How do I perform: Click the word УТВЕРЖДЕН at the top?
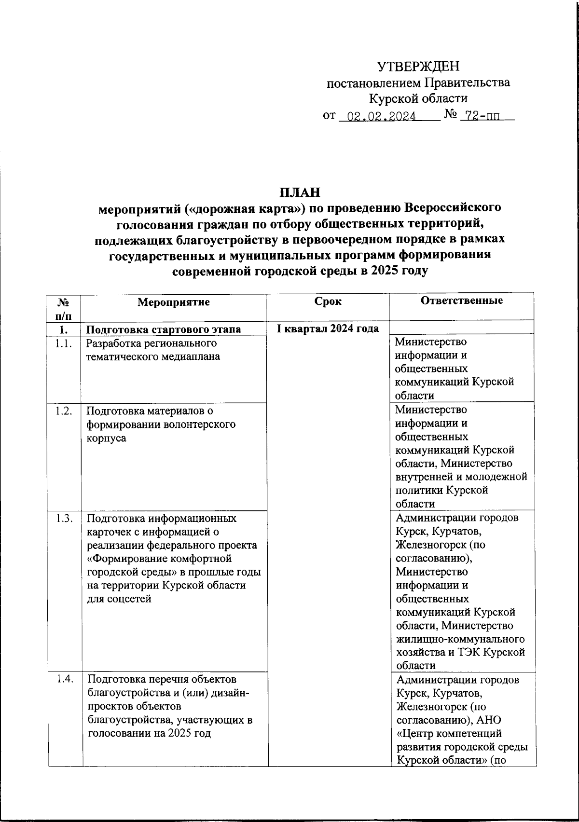click(418, 66)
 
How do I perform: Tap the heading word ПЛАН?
click(300, 192)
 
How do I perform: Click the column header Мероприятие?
click(174, 302)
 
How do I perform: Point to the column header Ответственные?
click(462, 301)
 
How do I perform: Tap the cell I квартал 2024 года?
click(328, 329)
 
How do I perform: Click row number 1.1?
click(64, 344)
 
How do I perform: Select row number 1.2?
click(64, 411)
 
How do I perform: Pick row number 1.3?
click(64, 519)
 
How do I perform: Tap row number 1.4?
click(64, 680)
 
